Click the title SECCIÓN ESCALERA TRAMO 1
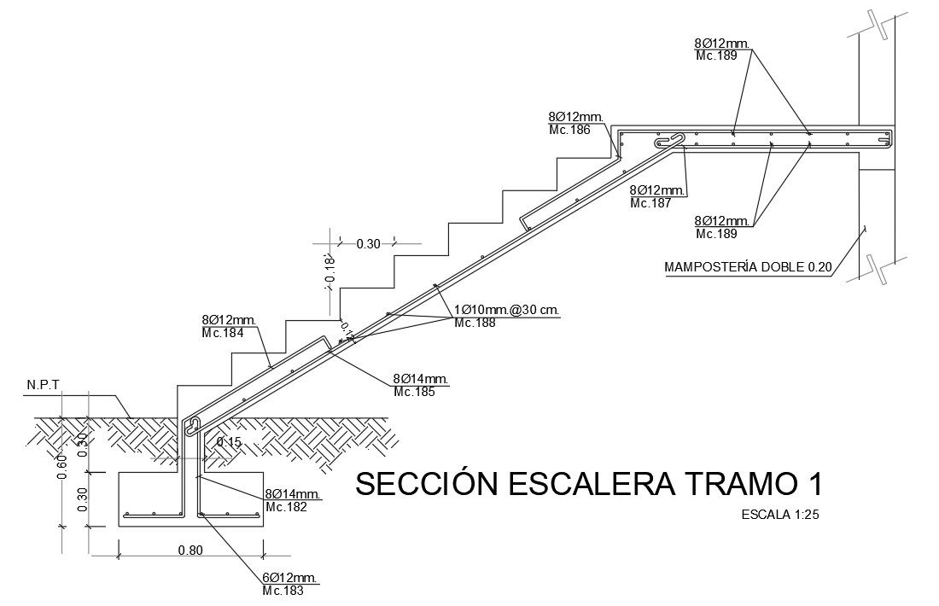click(589, 484)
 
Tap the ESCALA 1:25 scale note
click(780, 515)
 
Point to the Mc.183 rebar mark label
click(283, 591)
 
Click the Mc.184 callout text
click(222, 333)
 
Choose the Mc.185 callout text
click(414, 393)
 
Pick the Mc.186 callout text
click(569, 131)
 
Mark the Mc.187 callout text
click(651, 203)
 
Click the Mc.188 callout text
click(475, 323)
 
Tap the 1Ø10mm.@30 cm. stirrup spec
click(506, 310)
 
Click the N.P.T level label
click(43, 384)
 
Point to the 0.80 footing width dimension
click(190, 550)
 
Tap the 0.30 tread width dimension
click(367, 244)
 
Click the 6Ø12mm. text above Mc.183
click(290, 578)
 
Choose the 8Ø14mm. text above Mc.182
click(292, 494)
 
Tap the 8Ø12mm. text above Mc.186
click(576, 117)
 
